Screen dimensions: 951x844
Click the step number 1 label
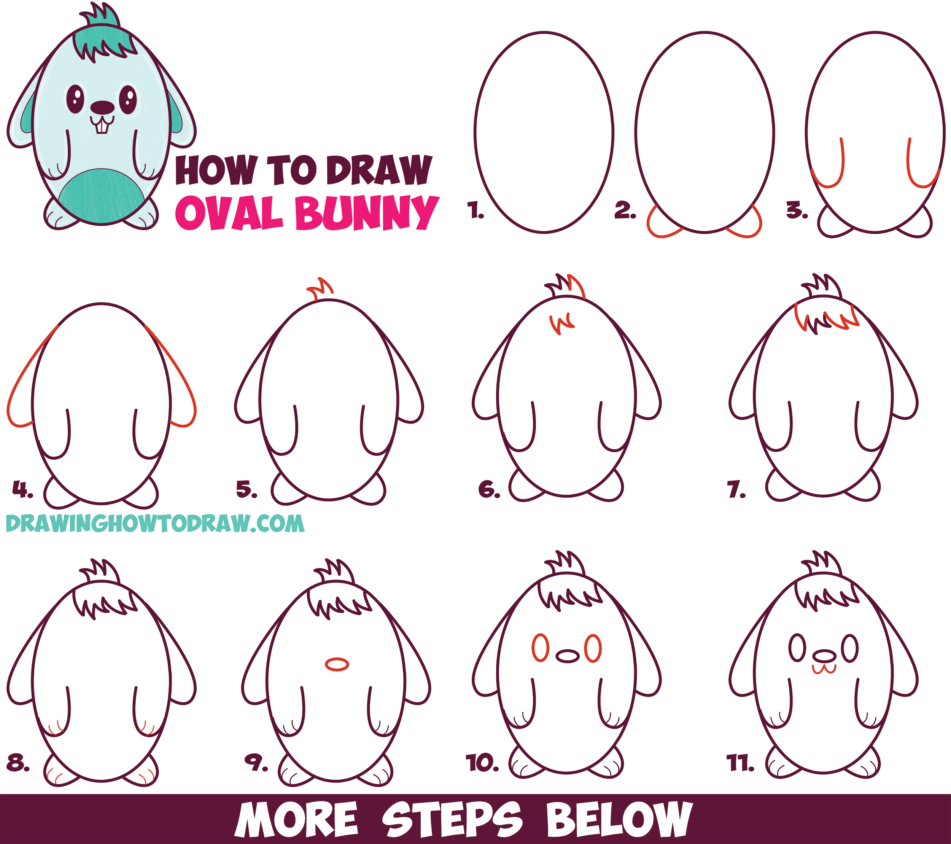click(x=475, y=210)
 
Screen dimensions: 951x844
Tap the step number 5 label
click(x=246, y=490)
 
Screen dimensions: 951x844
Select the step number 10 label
click(x=482, y=763)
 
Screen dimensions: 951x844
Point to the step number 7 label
click(x=736, y=490)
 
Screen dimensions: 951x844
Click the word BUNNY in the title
click(x=367, y=213)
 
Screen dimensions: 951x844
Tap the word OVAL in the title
click(x=230, y=213)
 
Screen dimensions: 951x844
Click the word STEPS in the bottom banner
click(x=452, y=819)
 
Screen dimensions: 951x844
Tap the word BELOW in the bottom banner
click(x=619, y=819)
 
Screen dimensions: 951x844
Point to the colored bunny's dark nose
click(x=102, y=108)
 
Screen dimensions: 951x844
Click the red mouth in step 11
click(x=824, y=669)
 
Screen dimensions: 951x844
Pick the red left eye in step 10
click(x=540, y=648)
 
